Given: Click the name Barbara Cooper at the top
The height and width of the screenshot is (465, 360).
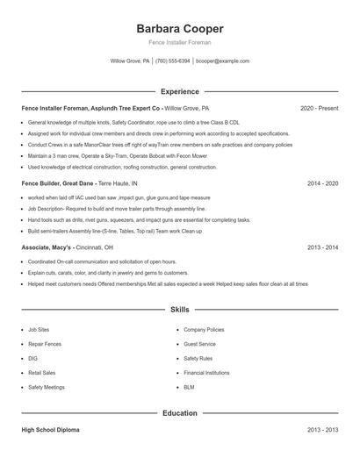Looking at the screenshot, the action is (x=180, y=28).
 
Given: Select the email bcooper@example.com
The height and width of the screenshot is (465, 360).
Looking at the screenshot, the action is (x=222, y=61).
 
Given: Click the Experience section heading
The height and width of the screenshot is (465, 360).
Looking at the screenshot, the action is (x=180, y=91).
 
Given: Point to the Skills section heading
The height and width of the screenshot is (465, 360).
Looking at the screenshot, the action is (x=180, y=310).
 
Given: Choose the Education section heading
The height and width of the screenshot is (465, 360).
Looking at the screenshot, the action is (x=180, y=412).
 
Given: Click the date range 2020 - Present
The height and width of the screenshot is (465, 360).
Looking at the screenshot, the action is (x=319, y=108).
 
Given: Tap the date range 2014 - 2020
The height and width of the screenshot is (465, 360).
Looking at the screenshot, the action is (x=322, y=184).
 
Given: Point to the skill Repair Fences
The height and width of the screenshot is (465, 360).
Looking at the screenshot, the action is (x=44, y=344).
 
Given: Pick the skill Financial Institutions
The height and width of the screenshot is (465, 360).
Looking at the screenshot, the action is (x=206, y=372).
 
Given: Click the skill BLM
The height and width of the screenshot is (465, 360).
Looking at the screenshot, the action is (x=189, y=386).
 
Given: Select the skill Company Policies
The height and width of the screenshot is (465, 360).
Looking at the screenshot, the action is (x=204, y=330).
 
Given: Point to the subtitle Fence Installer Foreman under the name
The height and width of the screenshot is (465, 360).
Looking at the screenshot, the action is (x=180, y=42).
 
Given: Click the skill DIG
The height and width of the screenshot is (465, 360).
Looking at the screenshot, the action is (x=32, y=358).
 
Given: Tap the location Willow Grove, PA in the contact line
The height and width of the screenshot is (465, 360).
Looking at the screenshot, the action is (x=129, y=61).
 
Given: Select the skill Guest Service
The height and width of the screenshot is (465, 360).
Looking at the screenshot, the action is (x=199, y=344).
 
